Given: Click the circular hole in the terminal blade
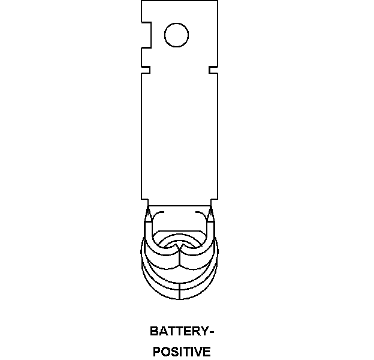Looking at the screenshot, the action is click(x=176, y=35).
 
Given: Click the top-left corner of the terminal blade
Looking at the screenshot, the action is click(x=142, y=2).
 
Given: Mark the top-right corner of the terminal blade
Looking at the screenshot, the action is click(x=216, y=2).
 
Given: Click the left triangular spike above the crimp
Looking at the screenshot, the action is click(x=147, y=214).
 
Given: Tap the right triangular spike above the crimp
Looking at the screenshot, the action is click(x=211, y=214).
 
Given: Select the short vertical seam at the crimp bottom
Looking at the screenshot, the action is click(x=180, y=291).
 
